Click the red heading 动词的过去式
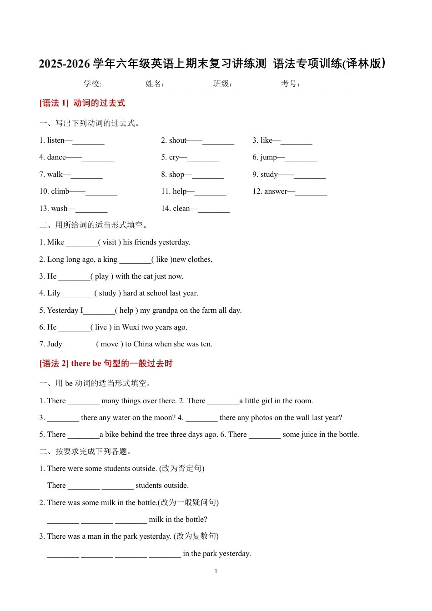(x=99, y=103)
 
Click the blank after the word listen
(x=89, y=141)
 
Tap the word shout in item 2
(x=178, y=140)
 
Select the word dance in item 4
(x=56, y=157)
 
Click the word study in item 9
(x=269, y=174)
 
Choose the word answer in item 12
(x=276, y=191)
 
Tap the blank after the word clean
(x=214, y=209)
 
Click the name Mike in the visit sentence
(x=55, y=242)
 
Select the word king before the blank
(x=110, y=260)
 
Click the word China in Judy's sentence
(x=143, y=344)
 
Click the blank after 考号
(x=327, y=84)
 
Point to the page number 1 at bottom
(x=216, y=571)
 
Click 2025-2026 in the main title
(x=65, y=64)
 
